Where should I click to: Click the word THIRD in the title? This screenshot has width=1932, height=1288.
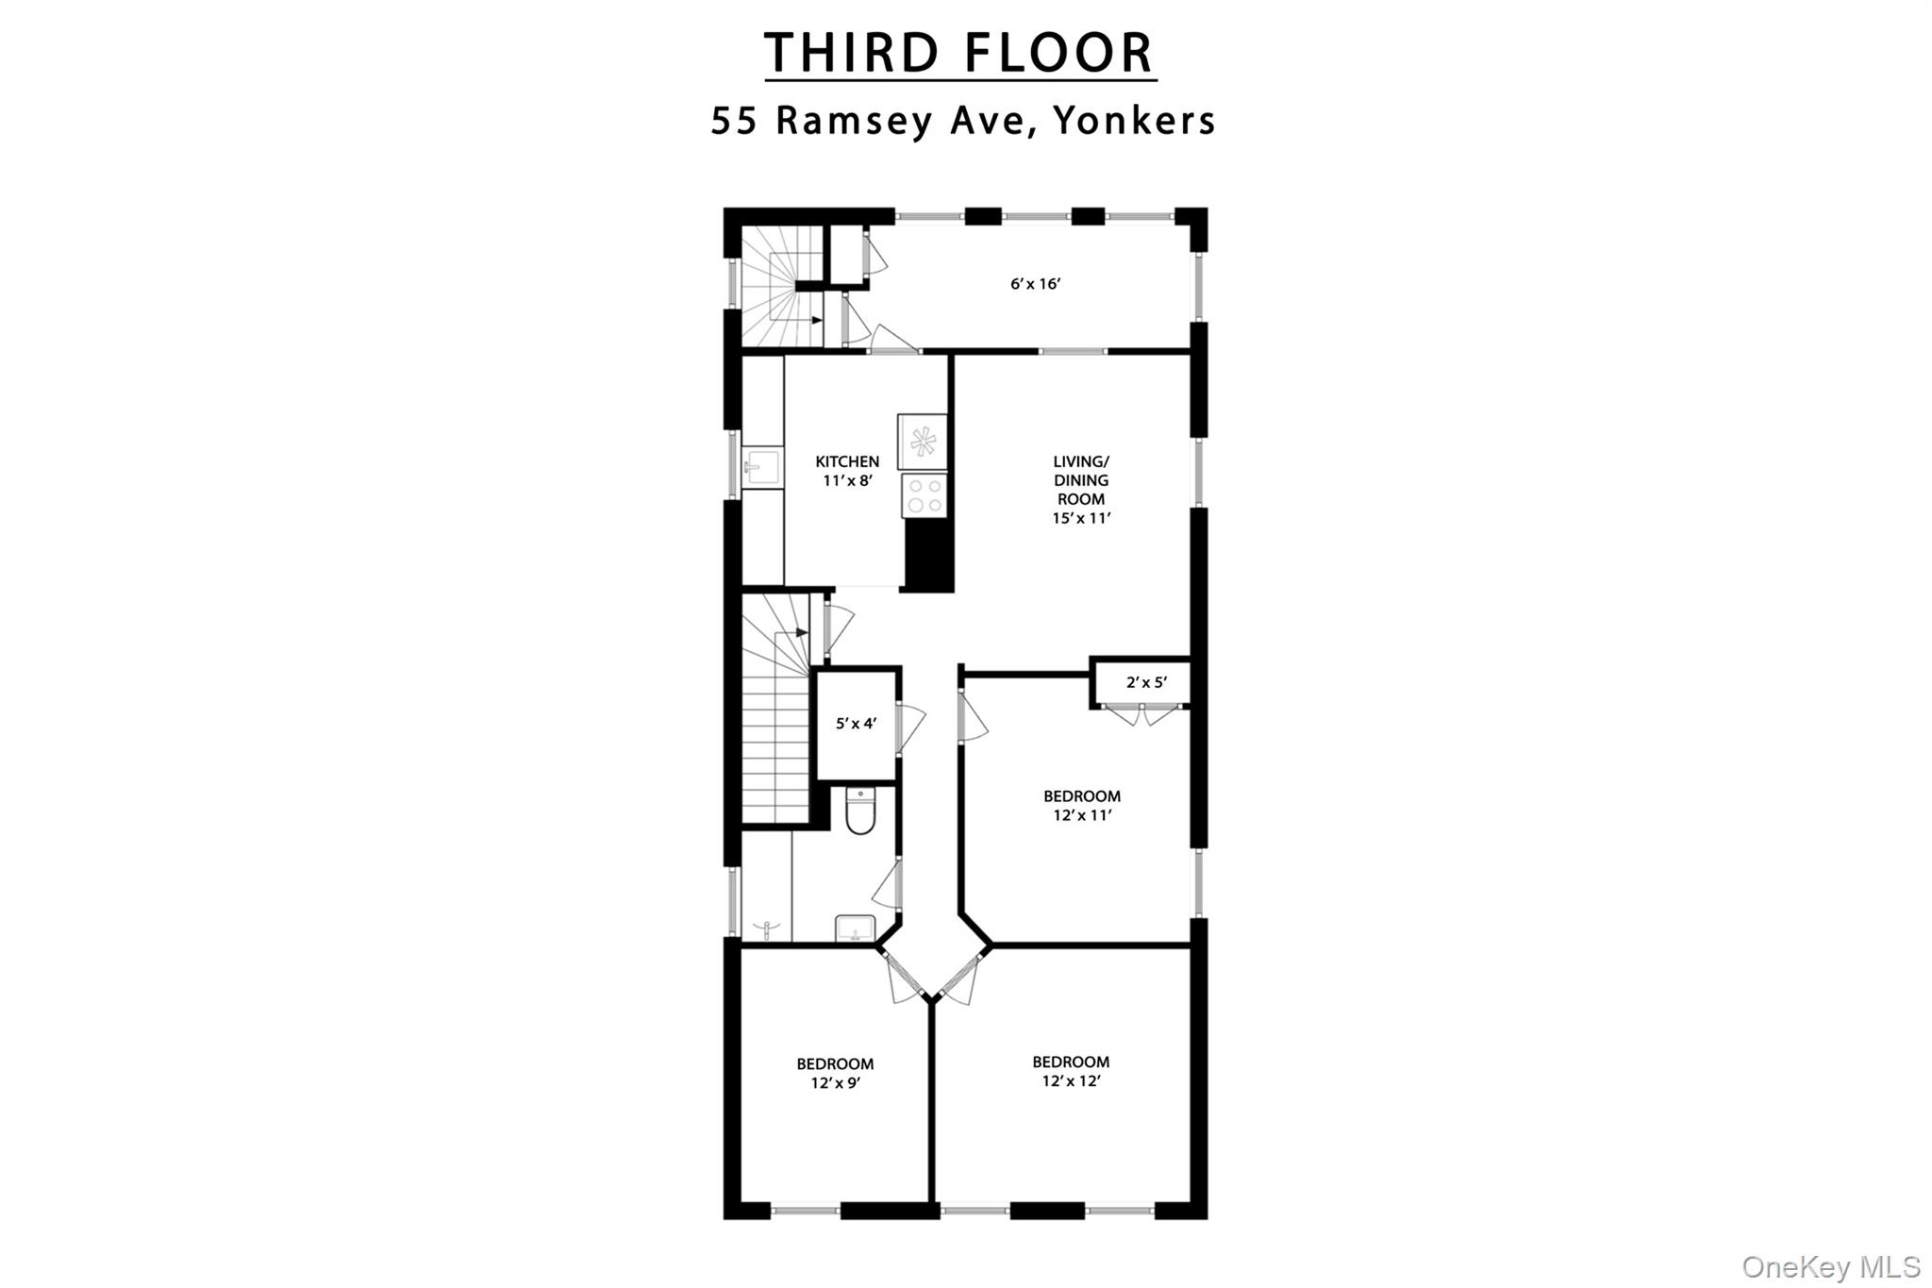click(852, 53)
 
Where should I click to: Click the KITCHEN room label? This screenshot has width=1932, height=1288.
click(847, 461)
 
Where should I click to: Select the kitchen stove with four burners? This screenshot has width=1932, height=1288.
click(924, 495)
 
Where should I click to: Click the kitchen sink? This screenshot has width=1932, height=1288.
click(762, 467)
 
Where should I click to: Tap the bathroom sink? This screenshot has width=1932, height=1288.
click(856, 928)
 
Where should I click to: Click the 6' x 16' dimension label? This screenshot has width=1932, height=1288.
click(1036, 283)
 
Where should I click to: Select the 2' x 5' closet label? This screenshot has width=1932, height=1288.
click(1146, 682)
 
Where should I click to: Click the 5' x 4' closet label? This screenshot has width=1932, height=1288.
click(857, 724)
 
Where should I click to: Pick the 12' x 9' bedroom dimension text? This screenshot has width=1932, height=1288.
click(835, 1083)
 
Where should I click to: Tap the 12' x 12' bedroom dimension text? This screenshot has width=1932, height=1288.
click(1072, 1081)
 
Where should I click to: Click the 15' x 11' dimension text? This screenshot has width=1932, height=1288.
click(1082, 518)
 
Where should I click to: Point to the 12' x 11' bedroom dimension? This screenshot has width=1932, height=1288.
click(1082, 815)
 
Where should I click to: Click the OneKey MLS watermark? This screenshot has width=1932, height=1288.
click(1830, 1265)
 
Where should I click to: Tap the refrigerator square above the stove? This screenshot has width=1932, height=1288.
click(922, 442)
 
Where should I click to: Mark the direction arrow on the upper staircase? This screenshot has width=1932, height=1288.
click(814, 320)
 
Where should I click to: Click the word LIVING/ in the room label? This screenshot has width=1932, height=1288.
click(1081, 461)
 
